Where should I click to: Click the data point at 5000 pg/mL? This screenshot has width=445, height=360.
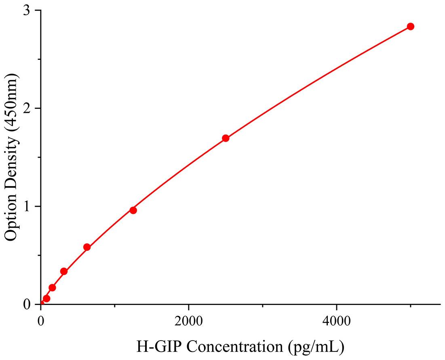tap(410, 26)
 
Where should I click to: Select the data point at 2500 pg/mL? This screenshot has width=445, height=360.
tap(226, 138)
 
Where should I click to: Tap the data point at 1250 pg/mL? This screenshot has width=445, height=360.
tap(133, 210)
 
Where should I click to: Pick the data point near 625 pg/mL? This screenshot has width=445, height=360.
tap(87, 247)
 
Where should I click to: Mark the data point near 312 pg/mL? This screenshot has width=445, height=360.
tap(64, 271)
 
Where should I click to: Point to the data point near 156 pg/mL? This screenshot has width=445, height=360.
tap(52, 288)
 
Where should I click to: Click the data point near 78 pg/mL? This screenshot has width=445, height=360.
tap(46, 299)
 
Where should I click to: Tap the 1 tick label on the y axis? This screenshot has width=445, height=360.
tap(27, 206)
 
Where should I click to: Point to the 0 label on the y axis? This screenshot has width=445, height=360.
tap(27, 304)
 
